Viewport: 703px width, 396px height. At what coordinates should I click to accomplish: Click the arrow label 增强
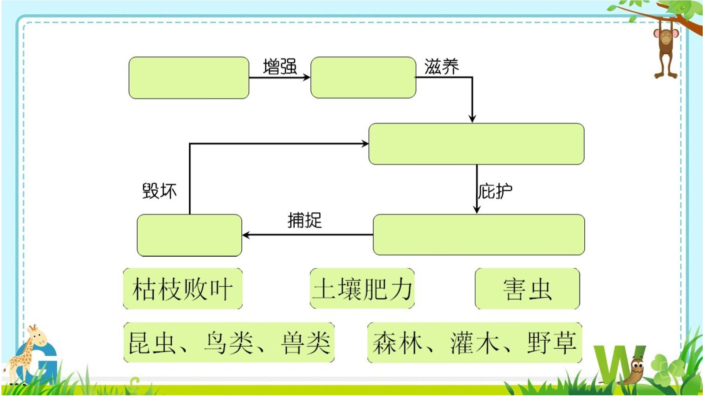coord(280,67)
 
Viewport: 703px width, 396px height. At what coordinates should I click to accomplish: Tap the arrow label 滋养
coord(442,67)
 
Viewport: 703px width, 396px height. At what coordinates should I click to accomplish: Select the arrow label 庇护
coord(495,191)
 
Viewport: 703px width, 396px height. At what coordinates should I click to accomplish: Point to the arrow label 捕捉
coord(305,220)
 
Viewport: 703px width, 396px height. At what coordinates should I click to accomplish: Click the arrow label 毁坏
coord(159,191)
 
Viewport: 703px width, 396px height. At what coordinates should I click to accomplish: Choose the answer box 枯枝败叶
coord(183,289)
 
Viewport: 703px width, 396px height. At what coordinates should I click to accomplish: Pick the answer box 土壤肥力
coord(362,289)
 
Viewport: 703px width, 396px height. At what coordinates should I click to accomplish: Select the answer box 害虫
coord(527,289)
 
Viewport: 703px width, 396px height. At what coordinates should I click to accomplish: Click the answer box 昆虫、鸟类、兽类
coord(229,342)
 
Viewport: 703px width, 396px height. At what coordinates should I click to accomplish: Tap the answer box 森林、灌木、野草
coord(475,342)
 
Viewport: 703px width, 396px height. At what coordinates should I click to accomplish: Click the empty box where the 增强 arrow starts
coord(189,78)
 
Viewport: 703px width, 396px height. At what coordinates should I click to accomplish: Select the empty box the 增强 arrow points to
coord(363,78)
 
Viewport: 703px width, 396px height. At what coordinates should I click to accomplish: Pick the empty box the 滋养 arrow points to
coord(476,144)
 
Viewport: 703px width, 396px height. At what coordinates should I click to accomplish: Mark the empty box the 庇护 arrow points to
coord(479,235)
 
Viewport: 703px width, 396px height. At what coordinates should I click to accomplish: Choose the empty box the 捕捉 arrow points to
coord(189,235)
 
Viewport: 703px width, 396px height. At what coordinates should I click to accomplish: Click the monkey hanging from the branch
coord(666,51)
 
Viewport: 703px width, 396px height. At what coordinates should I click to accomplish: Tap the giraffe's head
coord(37,335)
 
